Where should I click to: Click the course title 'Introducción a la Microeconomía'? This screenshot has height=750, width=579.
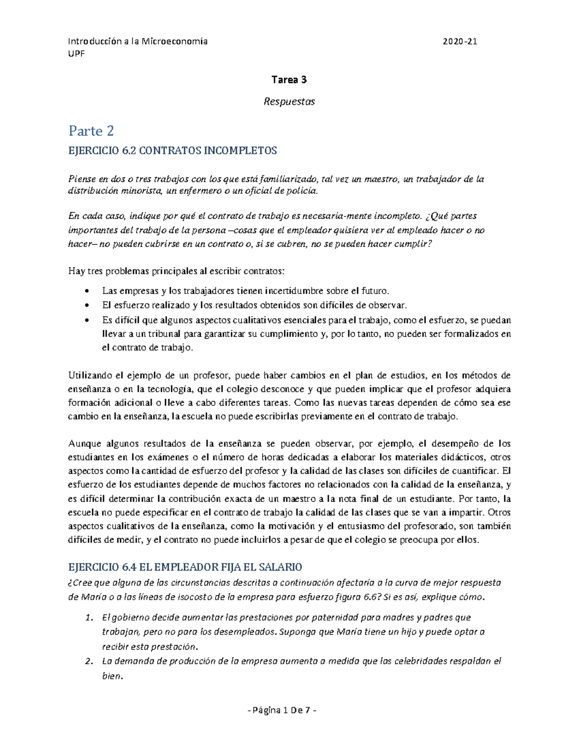[138, 42]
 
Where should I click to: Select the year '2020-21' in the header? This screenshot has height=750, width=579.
[460, 42]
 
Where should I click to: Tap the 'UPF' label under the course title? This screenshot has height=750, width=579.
[76, 54]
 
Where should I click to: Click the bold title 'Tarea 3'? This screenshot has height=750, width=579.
[289, 80]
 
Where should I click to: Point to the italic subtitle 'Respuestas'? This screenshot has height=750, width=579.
[289, 102]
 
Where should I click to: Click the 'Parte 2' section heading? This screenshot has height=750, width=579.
[91, 131]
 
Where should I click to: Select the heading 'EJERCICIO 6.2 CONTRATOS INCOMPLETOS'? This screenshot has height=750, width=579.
[173, 151]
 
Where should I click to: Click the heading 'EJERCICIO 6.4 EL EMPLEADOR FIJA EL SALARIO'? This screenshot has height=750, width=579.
[185, 567]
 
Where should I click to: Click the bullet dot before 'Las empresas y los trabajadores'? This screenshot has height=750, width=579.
[86, 291]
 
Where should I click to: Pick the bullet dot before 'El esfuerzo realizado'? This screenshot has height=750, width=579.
[86, 306]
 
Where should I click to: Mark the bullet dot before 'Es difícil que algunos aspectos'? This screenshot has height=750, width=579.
[86, 320]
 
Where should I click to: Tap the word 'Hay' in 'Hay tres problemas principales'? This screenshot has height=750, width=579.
[76, 271]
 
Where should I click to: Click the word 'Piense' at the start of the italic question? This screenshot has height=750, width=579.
[82, 179]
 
